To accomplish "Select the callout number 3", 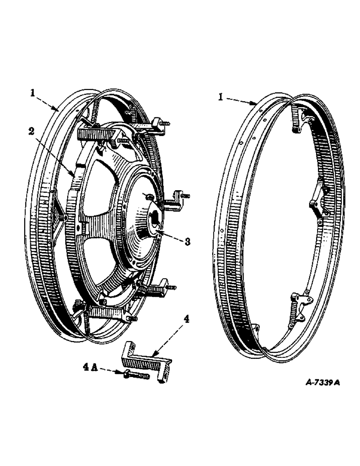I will coord(187,242).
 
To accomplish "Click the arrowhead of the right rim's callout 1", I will coord(256,103).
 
